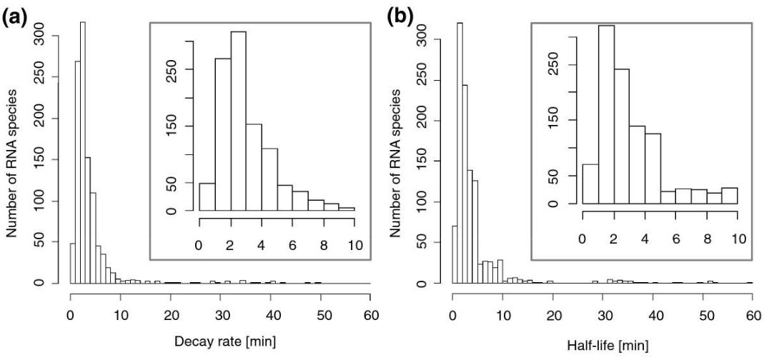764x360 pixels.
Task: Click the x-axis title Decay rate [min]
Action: (x=219, y=343)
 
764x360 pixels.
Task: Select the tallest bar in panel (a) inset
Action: (x=238, y=121)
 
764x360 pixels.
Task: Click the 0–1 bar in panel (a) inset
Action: (x=207, y=197)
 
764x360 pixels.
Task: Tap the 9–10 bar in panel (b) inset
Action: (x=729, y=196)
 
